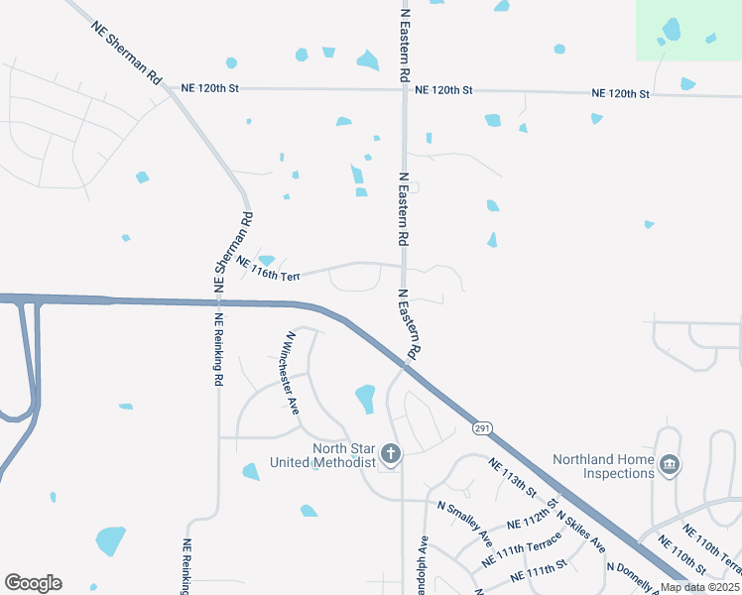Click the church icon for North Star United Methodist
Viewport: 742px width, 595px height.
[391, 455]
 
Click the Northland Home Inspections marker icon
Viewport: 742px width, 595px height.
[670, 464]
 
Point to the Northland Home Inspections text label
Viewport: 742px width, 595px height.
[606, 465]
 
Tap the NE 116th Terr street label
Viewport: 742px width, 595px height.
[267, 271]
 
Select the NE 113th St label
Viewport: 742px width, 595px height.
[512, 477]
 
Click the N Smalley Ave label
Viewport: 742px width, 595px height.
[465, 523]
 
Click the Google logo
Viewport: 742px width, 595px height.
[33, 583]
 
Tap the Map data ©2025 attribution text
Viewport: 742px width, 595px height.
[698, 587]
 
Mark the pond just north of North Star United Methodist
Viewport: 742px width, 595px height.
[365, 399]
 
